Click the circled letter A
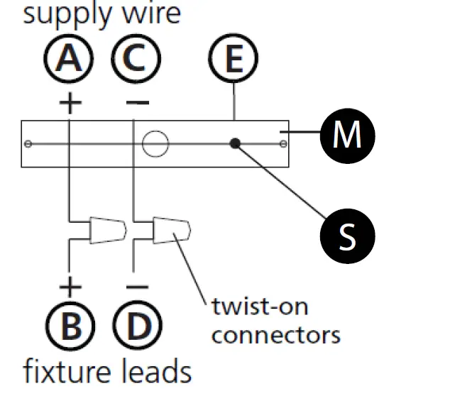click(69, 58)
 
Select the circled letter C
click(136, 58)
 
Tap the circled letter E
click(234, 58)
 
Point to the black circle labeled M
click(348, 136)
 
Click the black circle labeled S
click(348, 236)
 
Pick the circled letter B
click(70, 326)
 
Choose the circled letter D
click(138, 326)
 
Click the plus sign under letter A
click(70, 103)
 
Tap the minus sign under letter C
click(138, 102)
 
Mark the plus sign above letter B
click(70, 287)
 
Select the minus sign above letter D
click(138, 287)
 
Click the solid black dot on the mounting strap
click(235, 143)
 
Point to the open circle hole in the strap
click(155, 144)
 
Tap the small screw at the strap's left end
click(28, 143)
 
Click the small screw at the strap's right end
click(283, 144)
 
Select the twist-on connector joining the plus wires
click(108, 231)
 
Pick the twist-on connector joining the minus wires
click(172, 231)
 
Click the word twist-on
click(260, 307)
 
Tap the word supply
click(67, 14)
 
